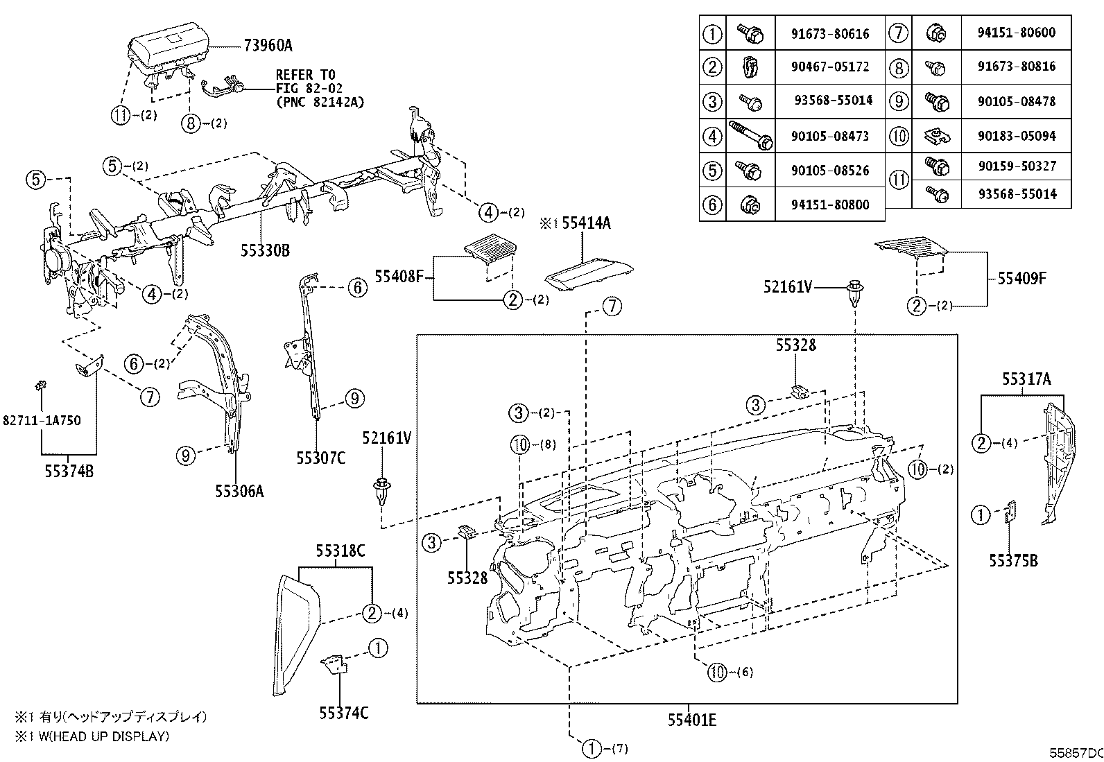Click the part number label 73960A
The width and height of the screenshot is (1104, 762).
point(268,46)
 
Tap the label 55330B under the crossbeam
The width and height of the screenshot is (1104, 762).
point(265,250)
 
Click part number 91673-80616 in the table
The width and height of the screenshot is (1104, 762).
point(829,33)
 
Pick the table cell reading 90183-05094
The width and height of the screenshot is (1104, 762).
point(1017,136)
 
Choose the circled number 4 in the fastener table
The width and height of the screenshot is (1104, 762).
point(712,136)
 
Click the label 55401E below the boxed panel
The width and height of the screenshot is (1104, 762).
point(691,720)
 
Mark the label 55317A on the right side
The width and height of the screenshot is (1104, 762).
point(1026,379)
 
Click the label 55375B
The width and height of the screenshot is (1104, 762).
point(1013,561)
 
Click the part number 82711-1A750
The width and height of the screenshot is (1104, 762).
point(41,420)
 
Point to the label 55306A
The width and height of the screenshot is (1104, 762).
point(239,492)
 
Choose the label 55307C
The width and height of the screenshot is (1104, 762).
point(320,458)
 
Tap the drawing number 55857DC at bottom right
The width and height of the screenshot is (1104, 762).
point(1075,752)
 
